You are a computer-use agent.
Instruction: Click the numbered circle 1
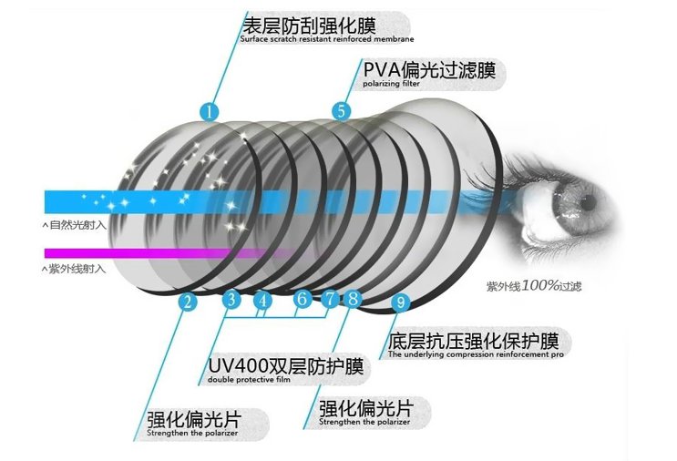point(210,112)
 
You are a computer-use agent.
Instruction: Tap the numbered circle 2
point(188,302)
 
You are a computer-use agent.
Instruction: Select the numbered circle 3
point(231,299)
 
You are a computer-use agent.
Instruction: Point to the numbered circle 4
point(263,301)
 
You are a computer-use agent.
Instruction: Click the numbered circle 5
point(341,111)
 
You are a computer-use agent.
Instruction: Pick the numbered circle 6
point(302,298)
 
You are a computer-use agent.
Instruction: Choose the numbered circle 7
point(330,298)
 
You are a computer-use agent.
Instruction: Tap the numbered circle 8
point(353,298)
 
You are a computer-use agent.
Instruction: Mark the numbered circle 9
point(401,302)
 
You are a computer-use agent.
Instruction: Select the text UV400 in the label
point(238,366)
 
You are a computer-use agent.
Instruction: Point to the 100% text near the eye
point(540,285)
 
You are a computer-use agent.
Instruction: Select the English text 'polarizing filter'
point(391,84)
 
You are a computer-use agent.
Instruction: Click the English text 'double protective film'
point(249,380)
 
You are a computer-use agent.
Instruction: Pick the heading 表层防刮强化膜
point(309,26)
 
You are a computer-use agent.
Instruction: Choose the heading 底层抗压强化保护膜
point(473,341)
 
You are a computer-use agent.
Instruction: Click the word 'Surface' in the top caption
point(254,39)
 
